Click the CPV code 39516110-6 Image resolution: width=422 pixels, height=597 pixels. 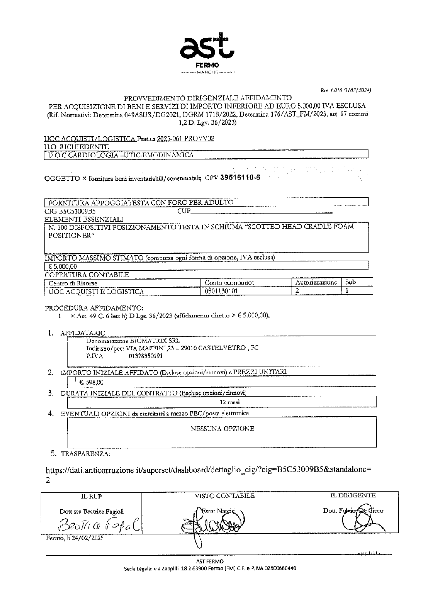[x=240, y=177]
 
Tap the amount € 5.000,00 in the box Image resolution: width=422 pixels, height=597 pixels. [x=62, y=266]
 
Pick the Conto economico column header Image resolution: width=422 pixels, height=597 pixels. [x=229, y=282]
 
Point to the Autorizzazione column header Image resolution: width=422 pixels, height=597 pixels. [x=316, y=282]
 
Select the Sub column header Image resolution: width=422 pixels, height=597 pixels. [x=351, y=282]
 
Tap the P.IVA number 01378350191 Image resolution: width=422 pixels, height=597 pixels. [x=146, y=356]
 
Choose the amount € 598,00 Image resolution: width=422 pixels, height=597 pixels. [x=91, y=383]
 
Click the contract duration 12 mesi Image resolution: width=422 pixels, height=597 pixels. [x=233, y=402]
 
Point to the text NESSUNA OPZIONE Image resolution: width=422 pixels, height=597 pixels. [x=222, y=429]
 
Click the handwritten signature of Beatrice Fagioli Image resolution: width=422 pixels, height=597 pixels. [x=97, y=526]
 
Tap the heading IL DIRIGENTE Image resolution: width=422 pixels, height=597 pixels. [x=353, y=496]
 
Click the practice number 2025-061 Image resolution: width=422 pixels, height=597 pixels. [x=169, y=139]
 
